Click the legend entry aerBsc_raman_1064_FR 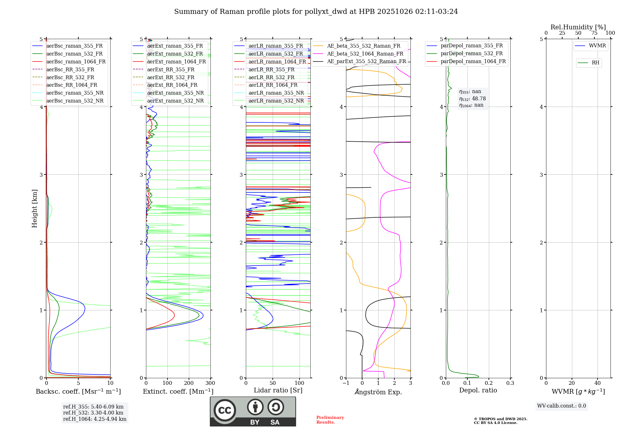pyautogui.click(x=76, y=62)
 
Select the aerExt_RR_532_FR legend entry pyautogui.click(x=171, y=77)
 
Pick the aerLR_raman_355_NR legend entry pyautogui.click(x=276, y=93)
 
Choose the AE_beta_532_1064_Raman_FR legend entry pyautogui.click(x=365, y=54)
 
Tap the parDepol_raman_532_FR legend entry pyautogui.click(x=471, y=54)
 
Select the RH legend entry pyautogui.click(x=595, y=63)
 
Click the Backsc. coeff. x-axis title pyautogui.click(x=78, y=391)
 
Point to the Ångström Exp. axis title pyautogui.click(x=378, y=392)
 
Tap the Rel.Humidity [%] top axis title pyautogui.click(x=578, y=27)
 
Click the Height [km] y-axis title pyautogui.click(x=34, y=208)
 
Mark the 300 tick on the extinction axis pyautogui.click(x=210, y=383)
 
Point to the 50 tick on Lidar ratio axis pyautogui.click(x=273, y=383)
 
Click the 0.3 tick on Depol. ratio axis pyautogui.click(x=510, y=383)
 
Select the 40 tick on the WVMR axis pyautogui.click(x=597, y=383)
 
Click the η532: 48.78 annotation pyautogui.click(x=472, y=99)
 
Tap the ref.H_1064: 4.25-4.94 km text pyautogui.click(x=94, y=419)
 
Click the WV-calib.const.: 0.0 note pyautogui.click(x=562, y=406)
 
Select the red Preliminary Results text pyautogui.click(x=330, y=420)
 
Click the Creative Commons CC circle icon pyautogui.click(x=225, y=410)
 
